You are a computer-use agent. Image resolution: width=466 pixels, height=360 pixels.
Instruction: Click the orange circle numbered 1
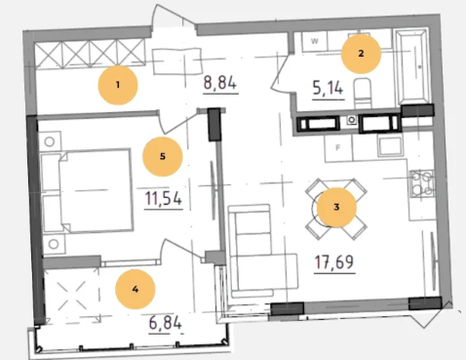tap(118, 85)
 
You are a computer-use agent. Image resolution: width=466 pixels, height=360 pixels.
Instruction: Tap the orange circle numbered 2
tap(361, 54)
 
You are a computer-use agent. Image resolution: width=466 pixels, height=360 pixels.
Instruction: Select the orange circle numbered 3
tap(336, 207)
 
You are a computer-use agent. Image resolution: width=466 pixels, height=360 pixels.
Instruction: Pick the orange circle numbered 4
tap(136, 289)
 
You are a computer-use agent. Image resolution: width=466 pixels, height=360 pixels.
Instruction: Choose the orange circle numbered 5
tap(163, 156)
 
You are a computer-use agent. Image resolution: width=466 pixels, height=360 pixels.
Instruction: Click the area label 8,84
tap(220, 83)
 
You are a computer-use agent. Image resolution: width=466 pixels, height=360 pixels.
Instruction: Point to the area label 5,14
tap(328, 88)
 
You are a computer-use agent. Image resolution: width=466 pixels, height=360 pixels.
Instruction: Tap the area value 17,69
tap(334, 261)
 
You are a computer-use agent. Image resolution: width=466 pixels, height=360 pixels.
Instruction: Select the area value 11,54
tap(163, 198)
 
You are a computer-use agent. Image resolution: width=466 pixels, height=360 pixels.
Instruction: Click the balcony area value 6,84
tap(165, 323)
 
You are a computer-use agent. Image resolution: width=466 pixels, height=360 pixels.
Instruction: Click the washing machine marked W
tap(314, 41)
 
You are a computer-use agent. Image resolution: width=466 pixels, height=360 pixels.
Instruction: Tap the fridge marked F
tap(338, 148)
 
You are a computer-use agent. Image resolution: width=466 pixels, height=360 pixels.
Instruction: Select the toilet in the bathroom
tap(363, 93)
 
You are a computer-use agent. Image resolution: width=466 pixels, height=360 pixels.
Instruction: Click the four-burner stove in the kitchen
tap(422, 183)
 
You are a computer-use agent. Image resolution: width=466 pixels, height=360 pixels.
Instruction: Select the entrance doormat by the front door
tap(177, 61)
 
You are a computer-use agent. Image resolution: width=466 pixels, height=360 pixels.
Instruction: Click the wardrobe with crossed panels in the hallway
tap(90, 54)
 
